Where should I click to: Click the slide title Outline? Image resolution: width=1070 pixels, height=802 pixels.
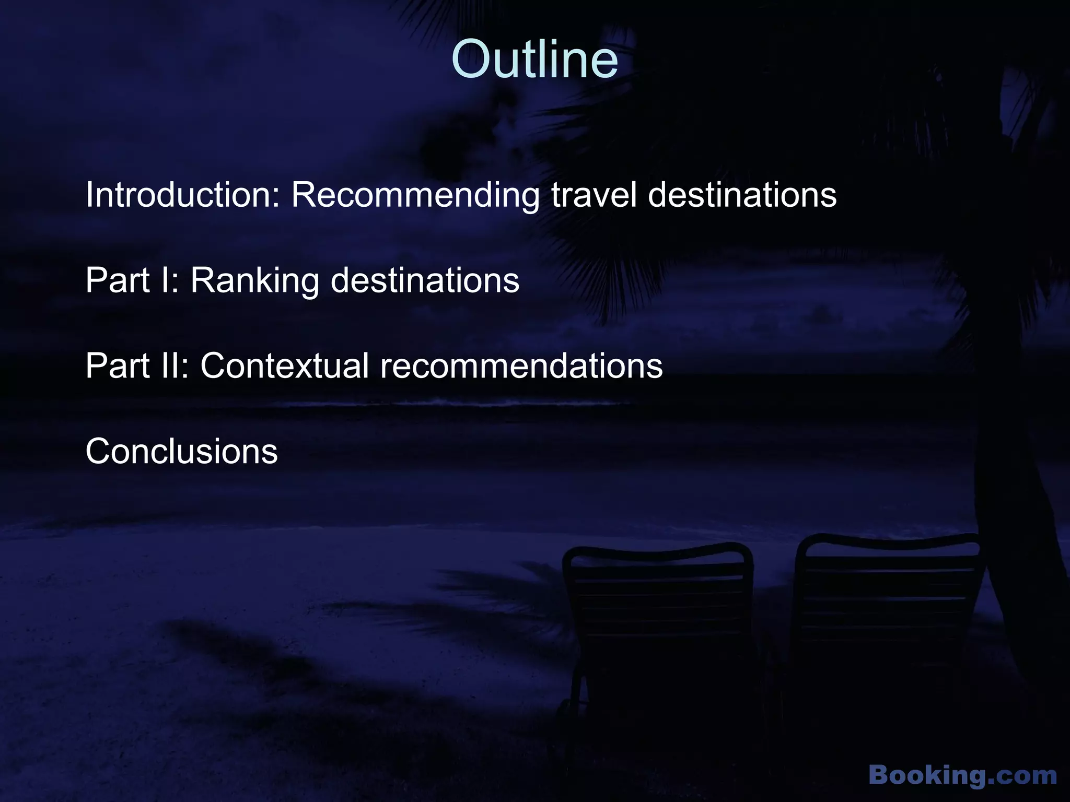[534, 60]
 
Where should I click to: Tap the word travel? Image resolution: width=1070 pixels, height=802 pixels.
[594, 195]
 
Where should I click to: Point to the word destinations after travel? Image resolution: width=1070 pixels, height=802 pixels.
[742, 195]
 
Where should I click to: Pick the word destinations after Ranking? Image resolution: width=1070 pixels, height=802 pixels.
[425, 280]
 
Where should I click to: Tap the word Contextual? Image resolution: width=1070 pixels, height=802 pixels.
[285, 365]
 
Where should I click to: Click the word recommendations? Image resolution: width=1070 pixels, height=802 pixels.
[521, 365]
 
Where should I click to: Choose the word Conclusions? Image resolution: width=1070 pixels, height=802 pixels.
[181, 451]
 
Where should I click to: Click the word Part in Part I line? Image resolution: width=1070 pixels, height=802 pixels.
[118, 280]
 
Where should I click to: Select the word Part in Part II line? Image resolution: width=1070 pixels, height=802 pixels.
[118, 365]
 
